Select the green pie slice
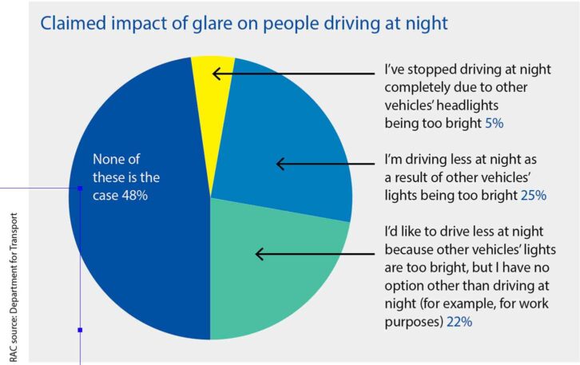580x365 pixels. pos(280,272)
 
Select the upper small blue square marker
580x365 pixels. pos(80,188)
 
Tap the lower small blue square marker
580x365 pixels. pos(80,329)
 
